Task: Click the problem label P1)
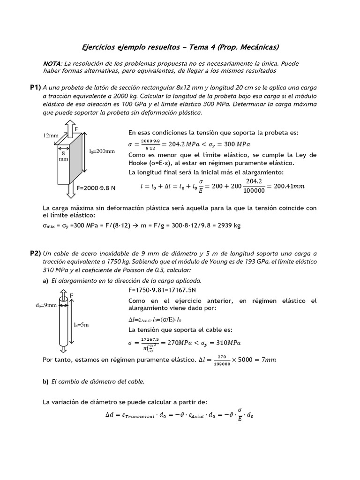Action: (35, 87)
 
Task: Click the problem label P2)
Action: (35, 253)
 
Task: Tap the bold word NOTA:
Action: (52, 63)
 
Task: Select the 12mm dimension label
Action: (51, 135)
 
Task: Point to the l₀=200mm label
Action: (102, 151)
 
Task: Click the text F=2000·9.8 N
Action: (96, 188)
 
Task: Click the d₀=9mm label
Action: (45, 305)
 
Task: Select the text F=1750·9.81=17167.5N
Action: (162, 290)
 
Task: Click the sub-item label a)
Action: (45, 280)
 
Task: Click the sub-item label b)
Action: (45, 382)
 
